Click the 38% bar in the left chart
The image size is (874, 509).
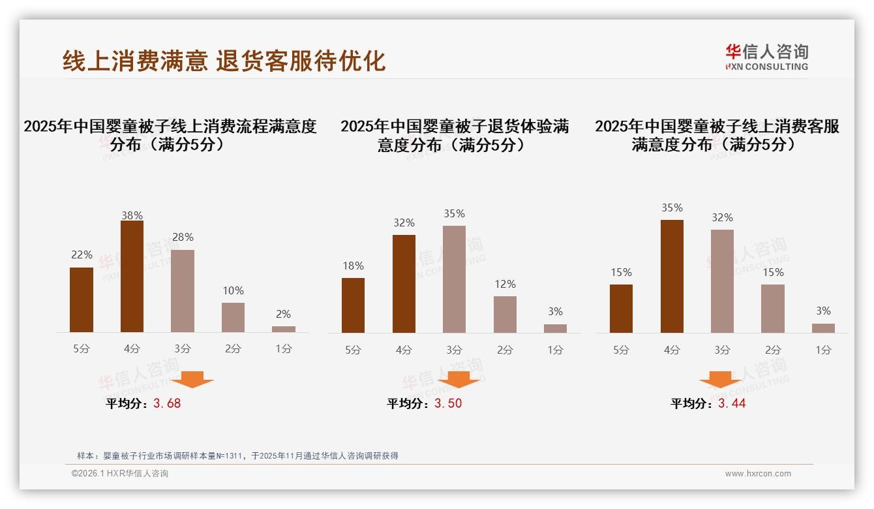coord(132,277)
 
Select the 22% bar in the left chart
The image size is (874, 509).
coord(82,300)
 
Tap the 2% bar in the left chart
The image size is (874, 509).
coord(284,329)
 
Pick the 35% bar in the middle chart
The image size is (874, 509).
coord(454,279)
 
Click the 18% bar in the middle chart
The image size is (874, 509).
coord(353,305)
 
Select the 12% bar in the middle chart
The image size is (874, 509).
coord(505,315)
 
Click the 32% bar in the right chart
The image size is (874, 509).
coord(722,281)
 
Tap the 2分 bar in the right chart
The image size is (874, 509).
coord(773,309)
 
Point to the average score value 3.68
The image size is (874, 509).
coord(167,403)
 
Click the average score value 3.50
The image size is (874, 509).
coord(448,403)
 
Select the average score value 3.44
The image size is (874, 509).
coord(732,403)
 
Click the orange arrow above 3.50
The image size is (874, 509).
coord(459,379)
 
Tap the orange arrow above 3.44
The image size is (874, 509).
coord(720,379)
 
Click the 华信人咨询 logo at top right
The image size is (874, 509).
coord(766,57)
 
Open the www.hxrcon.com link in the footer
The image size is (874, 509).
coord(758,474)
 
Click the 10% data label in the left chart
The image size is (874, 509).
coord(233,290)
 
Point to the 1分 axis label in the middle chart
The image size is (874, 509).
coord(555,350)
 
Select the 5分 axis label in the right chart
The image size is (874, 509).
coord(621,350)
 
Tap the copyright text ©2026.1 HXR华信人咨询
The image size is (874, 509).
coord(120,474)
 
